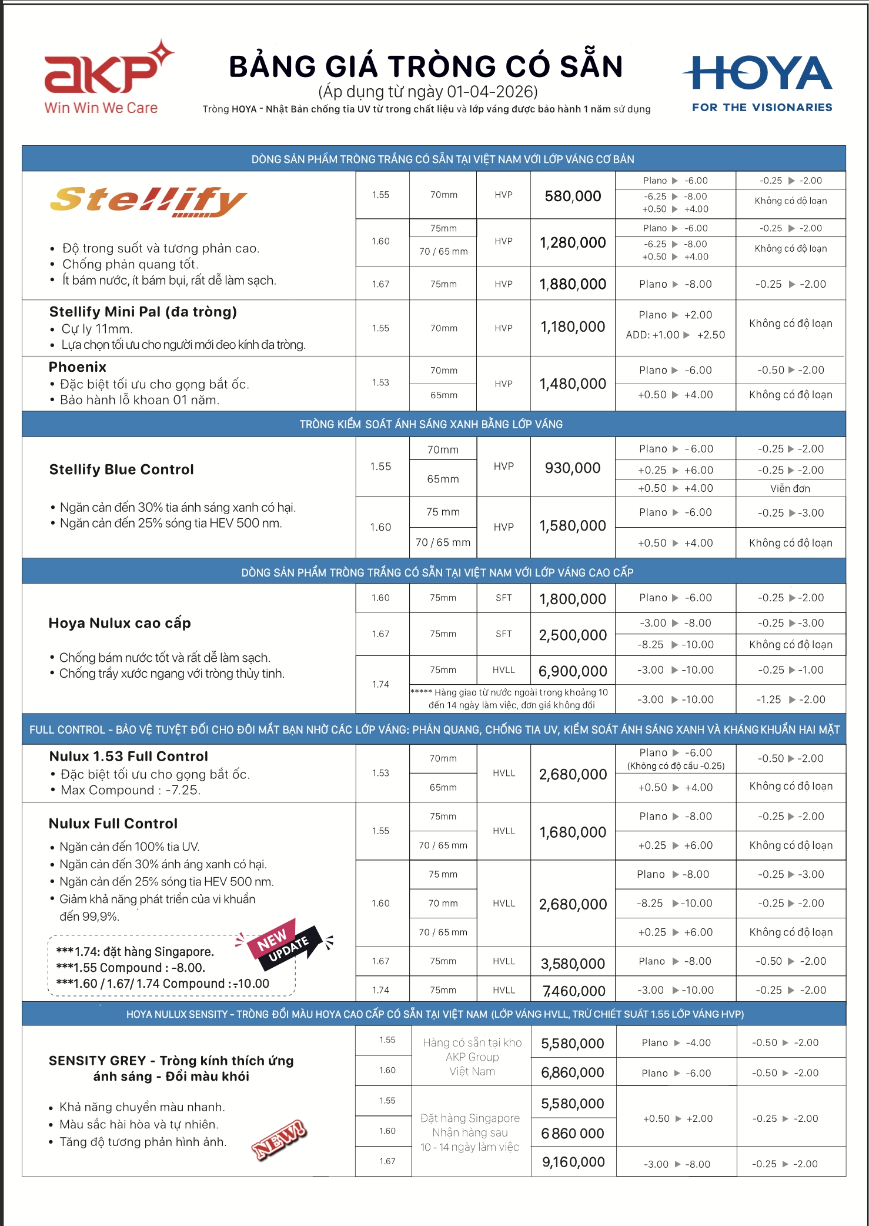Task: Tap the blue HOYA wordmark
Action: [x=758, y=74]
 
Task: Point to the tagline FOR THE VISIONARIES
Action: [x=762, y=108]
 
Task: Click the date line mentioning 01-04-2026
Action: [x=427, y=92]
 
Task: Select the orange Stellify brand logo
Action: [x=148, y=201]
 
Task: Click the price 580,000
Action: [x=573, y=196]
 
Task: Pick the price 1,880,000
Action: [x=573, y=284]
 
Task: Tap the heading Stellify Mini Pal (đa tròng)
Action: [x=143, y=312]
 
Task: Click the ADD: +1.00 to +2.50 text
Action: [x=675, y=335]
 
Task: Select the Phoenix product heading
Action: [x=78, y=367]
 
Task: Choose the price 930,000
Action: [x=573, y=468]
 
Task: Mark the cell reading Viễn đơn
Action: [x=790, y=488]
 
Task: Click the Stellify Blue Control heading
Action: [x=121, y=469]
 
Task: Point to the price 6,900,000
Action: [x=573, y=671]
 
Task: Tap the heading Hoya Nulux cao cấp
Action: [x=119, y=623]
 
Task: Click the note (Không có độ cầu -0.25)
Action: [x=676, y=766]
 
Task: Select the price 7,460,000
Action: [x=573, y=991]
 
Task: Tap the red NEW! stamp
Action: [x=279, y=1140]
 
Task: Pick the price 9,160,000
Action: [x=573, y=1162]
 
